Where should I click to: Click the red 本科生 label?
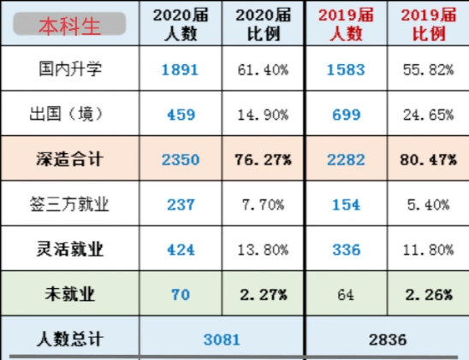coord(69,27)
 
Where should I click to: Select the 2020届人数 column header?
coord(181,24)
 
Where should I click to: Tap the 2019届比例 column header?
coord(429,24)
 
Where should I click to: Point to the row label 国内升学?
coord(70,68)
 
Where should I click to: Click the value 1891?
coord(180,70)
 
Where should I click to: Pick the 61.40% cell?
coord(263,70)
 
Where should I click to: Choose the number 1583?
coord(346,70)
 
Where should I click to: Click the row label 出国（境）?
coord(67,114)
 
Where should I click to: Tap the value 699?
coord(347,115)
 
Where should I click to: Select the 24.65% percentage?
coord(428,115)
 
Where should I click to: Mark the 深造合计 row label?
coord(70,159)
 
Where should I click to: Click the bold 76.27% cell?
coord(263,160)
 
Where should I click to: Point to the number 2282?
coord(346,160)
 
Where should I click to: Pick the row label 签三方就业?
coord(69,204)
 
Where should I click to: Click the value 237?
coord(181,205)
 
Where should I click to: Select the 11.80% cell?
coord(428,250)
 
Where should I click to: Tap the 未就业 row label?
coord(70,294)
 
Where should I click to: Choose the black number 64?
coord(346,295)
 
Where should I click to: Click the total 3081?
coord(222,339)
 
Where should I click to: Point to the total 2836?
coord(388,339)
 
